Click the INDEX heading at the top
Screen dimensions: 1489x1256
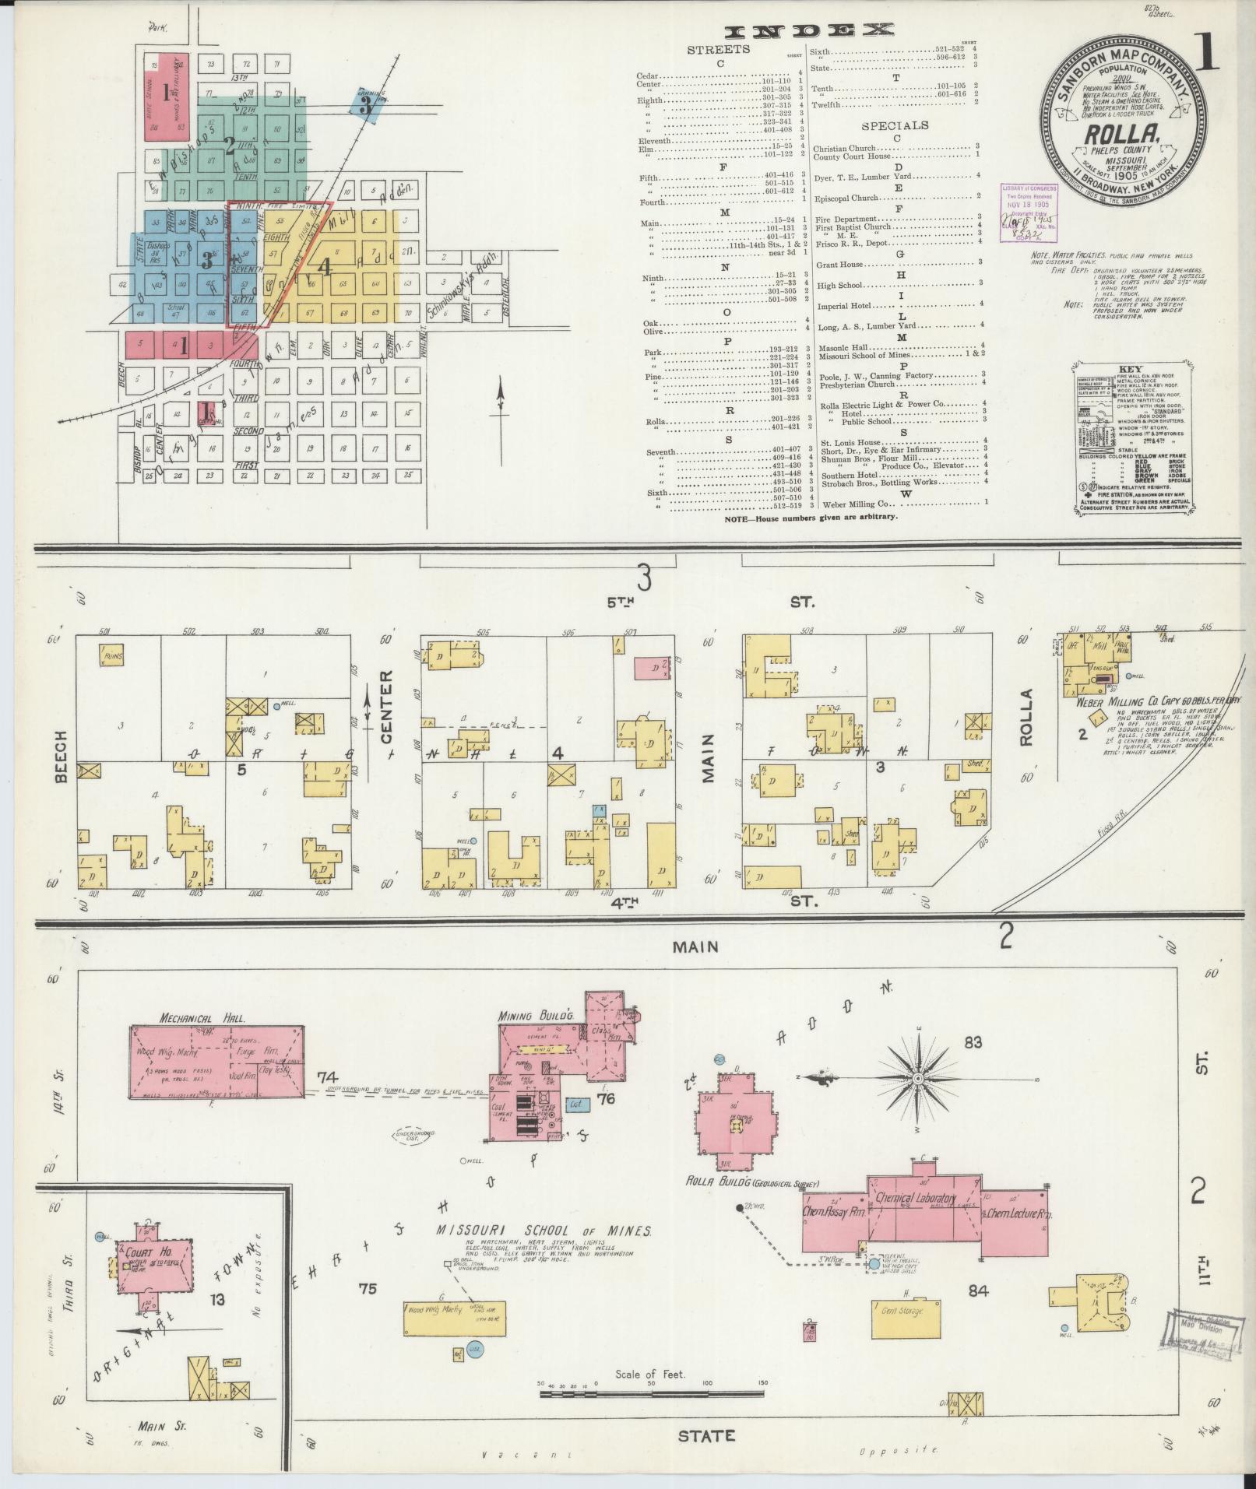pos(807,31)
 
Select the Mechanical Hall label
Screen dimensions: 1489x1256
pos(202,1017)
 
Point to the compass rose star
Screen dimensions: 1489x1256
pos(918,1078)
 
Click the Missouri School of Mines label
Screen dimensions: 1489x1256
pos(543,1251)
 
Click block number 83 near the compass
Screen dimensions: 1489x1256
pos(973,1043)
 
